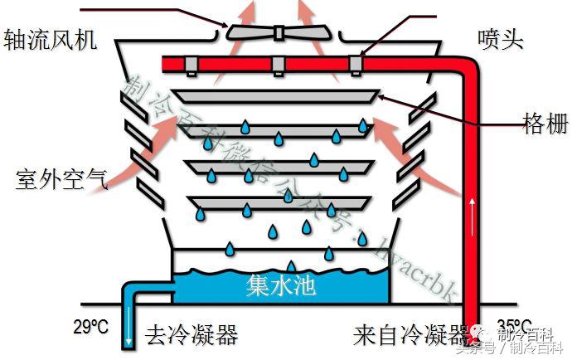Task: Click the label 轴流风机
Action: [51, 40]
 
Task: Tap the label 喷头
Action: [502, 39]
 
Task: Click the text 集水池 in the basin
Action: [282, 286]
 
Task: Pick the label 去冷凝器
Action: [192, 335]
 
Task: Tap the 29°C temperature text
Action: [91, 326]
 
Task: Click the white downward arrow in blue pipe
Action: [130, 335]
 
